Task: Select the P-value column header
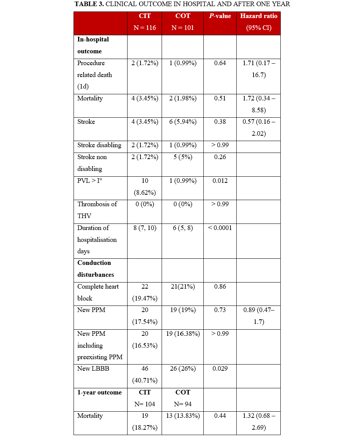(x=220, y=16)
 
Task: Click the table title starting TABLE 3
(x=182, y=4)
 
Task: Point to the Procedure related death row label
(x=95, y=75)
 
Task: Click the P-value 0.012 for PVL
(x=220, y=181)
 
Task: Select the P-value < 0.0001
(x=220, y=228)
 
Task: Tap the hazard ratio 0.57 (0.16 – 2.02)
(x=259, y=128)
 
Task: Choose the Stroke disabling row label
(x=99, y=145)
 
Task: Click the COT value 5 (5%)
(x=183, y=157)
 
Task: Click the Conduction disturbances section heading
(x=95, y=269)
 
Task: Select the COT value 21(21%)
(x=183, y=287)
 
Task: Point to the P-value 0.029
(x=220, y=369)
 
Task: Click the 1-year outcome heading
(x=100, y=393)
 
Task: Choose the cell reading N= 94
(x=183, y=404)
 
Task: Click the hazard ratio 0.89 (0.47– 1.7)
(x=259, y=316)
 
